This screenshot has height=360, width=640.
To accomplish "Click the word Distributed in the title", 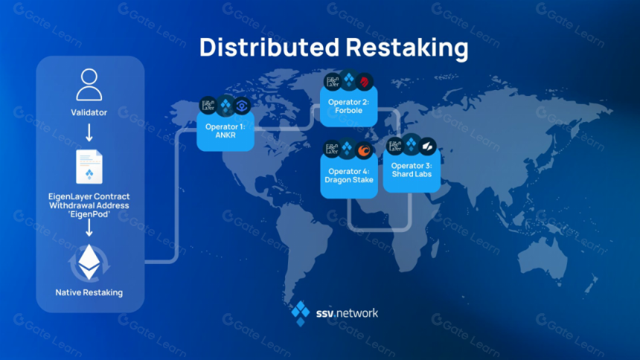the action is [269, 47].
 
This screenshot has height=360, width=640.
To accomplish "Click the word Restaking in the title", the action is [407, 48].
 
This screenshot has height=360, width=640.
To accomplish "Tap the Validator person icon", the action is [89, 85].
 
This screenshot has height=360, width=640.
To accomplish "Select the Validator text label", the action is [89, 112].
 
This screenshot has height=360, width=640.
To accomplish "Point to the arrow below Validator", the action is [89, 132].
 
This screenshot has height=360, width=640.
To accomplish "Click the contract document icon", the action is [89, 167].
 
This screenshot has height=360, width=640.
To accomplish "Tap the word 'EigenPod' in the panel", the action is [89, 214].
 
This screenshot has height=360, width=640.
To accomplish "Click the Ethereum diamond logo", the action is [89, 262].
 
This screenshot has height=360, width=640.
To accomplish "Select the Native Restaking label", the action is [89, 292].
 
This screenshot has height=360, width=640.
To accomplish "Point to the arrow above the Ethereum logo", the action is [89, 228].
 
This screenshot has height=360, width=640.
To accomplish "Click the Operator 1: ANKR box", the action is [225, 132].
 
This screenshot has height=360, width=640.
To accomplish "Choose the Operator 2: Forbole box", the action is [348, 106].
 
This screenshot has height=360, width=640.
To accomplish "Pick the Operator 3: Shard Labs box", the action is [412, 170].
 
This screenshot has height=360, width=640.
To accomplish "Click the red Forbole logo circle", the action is [364, 82].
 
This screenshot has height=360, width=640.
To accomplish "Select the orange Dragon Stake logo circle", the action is [363, 150].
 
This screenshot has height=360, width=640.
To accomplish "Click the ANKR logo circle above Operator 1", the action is [242, 106].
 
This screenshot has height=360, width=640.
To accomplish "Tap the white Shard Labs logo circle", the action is [427, 146].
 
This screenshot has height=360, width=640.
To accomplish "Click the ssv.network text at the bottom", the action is [347, 313].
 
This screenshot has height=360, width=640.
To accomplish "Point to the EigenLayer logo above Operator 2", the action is [333, 82].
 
